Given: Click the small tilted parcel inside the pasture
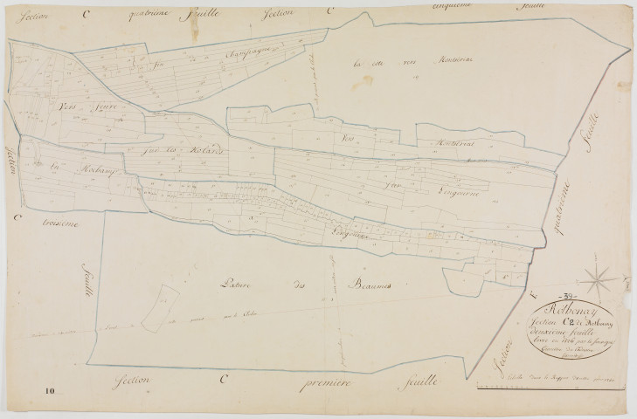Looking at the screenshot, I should click(x=159, y=303).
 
